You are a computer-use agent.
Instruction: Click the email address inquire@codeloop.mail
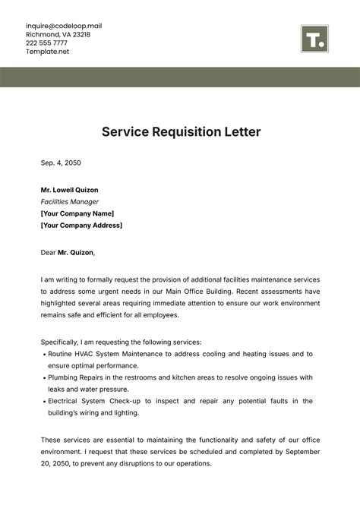(x=63, y=26)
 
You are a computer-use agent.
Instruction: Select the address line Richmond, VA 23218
(x=58, y=35)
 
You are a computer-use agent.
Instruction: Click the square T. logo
(x=314, y=39)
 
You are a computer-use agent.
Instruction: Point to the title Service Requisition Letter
(x=181, y=132)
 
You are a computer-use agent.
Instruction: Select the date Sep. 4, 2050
(x=61, y=162)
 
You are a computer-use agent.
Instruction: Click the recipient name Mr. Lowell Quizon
(x=69, y=190)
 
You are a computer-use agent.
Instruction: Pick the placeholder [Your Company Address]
(x=81, y=226)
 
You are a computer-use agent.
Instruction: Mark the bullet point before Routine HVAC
(x=43, y=355)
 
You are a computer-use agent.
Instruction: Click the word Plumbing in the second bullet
(x=64, y=377)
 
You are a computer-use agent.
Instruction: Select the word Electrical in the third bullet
(x=65, y=401)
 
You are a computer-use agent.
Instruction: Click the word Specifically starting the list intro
(x=63, y=342)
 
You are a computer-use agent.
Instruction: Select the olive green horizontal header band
(x=180, y=77)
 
